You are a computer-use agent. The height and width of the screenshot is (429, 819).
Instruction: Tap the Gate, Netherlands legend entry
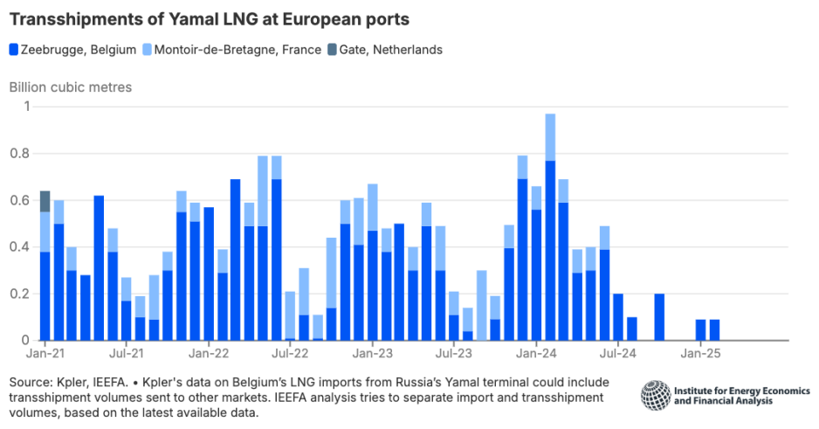tap(385, 50)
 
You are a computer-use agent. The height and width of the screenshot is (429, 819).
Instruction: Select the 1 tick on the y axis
tap(26, 107)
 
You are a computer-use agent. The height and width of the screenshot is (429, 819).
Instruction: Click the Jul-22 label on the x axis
tap(290, 355)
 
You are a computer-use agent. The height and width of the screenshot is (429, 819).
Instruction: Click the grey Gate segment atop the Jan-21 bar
tap(45, 201)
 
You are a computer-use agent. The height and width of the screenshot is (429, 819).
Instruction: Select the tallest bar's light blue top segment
tap(550, 137)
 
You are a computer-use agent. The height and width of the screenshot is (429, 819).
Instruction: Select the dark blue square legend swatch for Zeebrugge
tap(14, 50)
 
